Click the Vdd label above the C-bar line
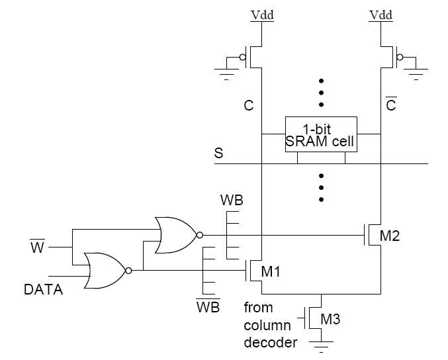381,14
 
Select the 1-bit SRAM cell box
321,135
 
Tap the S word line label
218,153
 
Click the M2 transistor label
390,236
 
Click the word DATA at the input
44,289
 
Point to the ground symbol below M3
320,343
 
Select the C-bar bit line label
390,105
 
